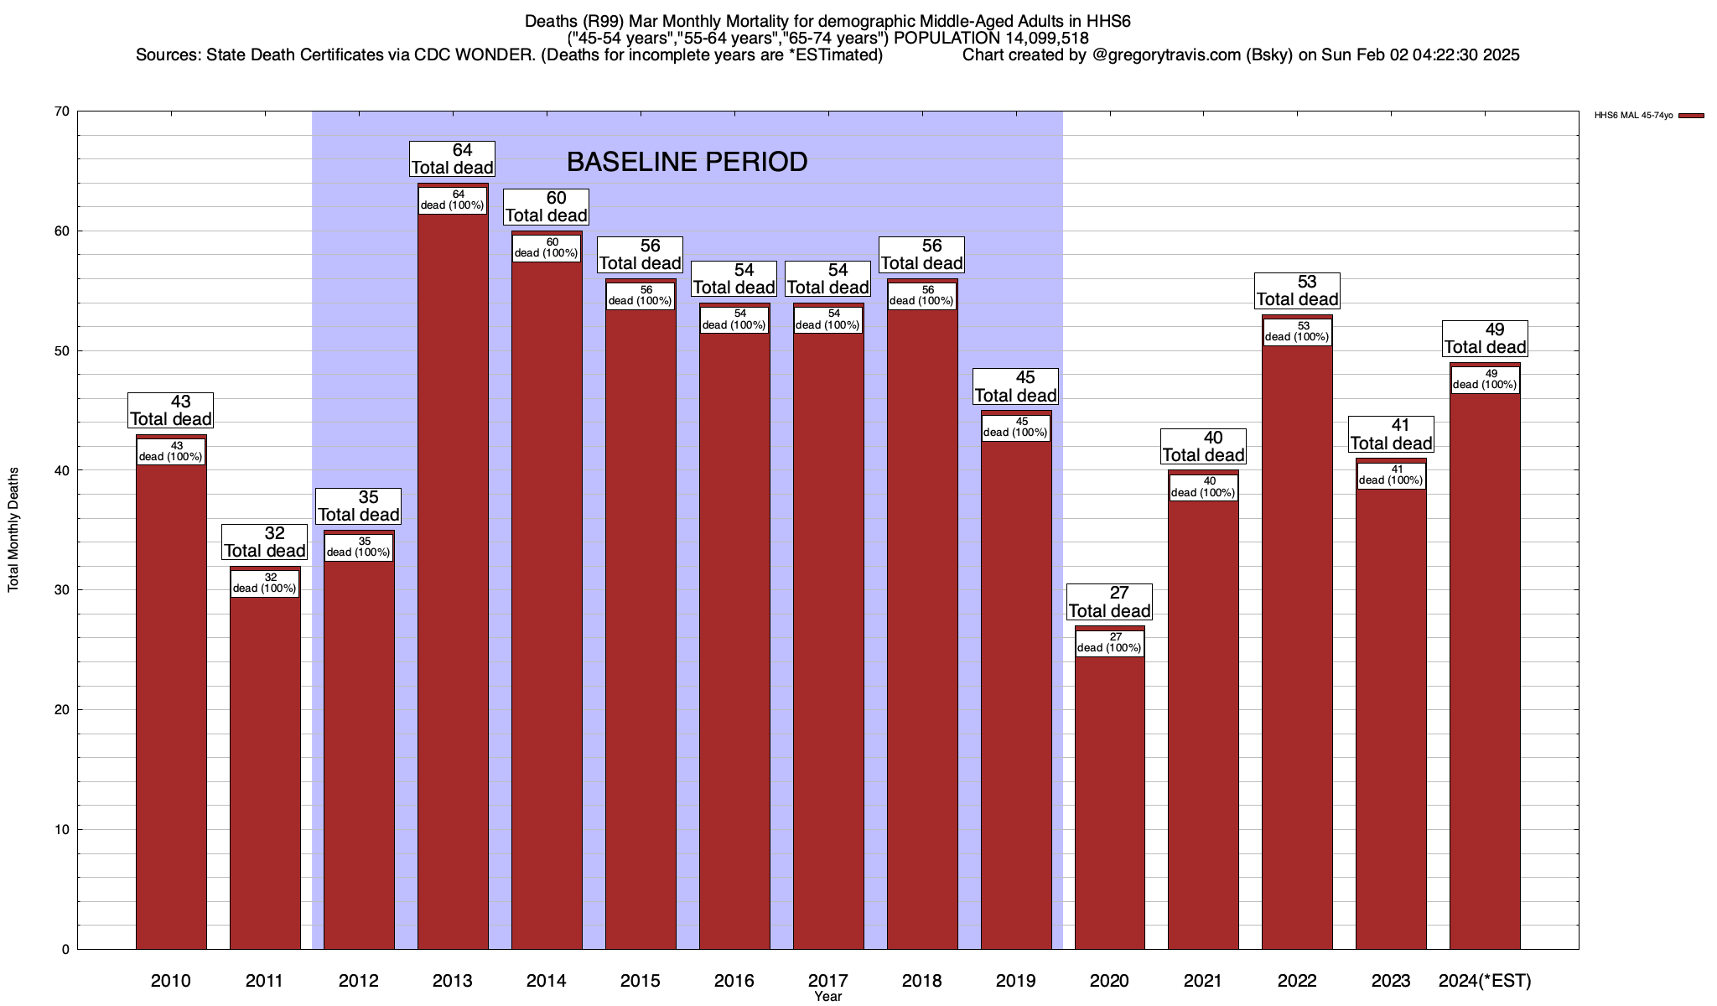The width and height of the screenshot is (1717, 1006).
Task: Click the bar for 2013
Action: point(453,587)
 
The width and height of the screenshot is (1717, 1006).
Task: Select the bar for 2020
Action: point(1109,796)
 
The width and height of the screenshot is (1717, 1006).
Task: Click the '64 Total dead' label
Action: point(453,159)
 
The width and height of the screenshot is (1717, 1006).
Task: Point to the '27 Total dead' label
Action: point(1109,602)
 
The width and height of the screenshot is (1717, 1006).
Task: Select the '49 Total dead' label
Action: point(1485,339)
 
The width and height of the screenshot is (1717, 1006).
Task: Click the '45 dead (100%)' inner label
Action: point(1015,428)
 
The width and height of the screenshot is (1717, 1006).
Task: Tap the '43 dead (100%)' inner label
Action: point(171,452)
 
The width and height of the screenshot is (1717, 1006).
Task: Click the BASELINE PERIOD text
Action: point(687,162)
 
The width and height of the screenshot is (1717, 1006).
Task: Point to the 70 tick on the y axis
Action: point(61,111)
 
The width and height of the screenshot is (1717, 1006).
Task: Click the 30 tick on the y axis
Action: point(61,590)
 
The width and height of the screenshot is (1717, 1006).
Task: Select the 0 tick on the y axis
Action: point(65,950)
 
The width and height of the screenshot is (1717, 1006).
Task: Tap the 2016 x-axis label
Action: point(734,981)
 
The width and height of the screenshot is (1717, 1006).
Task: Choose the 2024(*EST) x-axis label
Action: point(1485,981)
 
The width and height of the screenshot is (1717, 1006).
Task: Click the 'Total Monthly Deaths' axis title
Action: point(13,530)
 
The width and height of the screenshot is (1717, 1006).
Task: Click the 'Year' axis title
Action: point(827,997)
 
